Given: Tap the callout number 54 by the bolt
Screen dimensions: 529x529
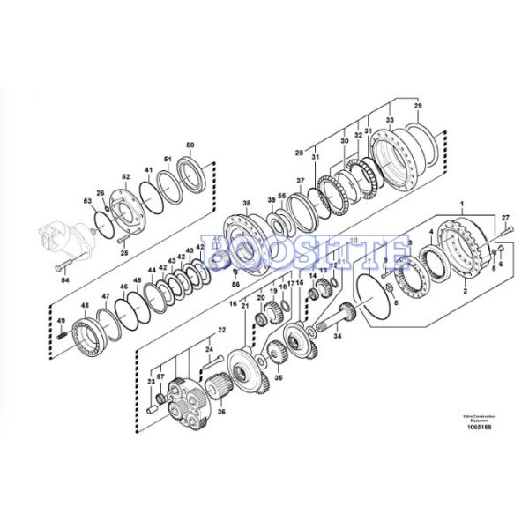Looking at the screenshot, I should (64, 280).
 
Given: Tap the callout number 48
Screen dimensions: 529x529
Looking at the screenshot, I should (86, 306).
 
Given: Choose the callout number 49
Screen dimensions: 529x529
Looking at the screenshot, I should (61, 321).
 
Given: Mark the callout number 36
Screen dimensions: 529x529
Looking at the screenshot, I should (220, 411).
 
